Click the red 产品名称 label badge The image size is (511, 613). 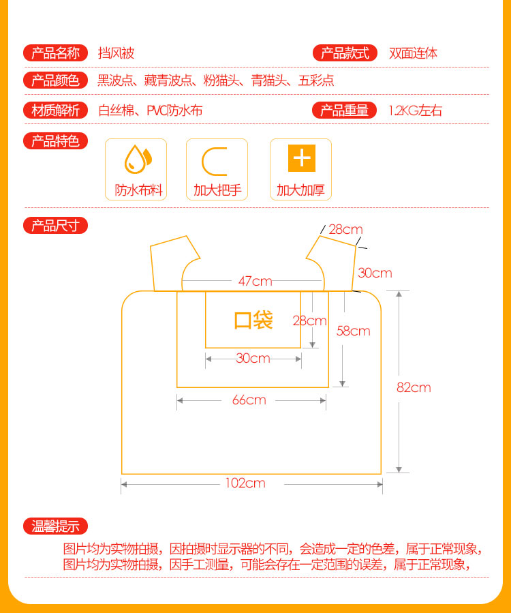coord(55,53)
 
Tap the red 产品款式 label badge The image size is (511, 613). coord(344,53)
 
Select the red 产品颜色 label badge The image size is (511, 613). coord(55,81)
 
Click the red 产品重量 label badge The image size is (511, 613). coord(344,110)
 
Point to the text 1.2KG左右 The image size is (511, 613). coord(415,110)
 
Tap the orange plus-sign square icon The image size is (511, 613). coord(301,158)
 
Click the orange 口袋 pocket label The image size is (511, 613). coord(253,320)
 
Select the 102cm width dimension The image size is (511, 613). coord(245,483)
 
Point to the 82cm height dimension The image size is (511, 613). coord(414,387)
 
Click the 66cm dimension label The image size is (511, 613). coord(249,400)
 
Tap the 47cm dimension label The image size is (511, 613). coord(255,281)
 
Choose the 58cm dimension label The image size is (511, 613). coord(354,331)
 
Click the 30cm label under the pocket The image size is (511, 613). coord(253,358)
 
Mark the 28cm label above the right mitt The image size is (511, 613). coord(345,229)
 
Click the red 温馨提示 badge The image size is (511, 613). coord(55,526)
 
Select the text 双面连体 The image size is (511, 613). coord(413,53)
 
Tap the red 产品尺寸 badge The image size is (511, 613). coord(55,226)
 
